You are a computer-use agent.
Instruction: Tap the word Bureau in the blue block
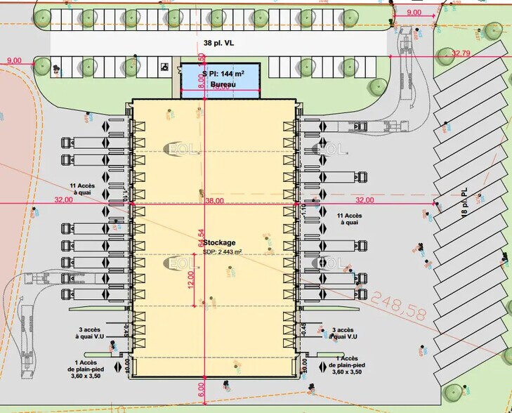point(223,84)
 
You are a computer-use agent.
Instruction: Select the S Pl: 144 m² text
point(222,73)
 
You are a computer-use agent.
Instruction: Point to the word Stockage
point(221,242)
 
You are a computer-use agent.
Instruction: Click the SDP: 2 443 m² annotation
point(222,251)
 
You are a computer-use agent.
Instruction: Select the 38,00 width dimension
point(215,200)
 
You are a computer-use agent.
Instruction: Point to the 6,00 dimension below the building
point(202,386)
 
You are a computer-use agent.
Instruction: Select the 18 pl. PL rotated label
point(464,204)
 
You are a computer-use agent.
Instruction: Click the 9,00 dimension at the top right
point(414,12)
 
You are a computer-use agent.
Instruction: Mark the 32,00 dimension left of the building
point(63,200)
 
